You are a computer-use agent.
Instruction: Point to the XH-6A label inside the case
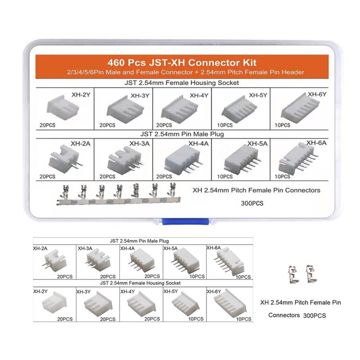(316, 143)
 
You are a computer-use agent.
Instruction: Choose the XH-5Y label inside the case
(258, 95)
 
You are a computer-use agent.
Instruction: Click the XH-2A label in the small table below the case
(40, 248)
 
